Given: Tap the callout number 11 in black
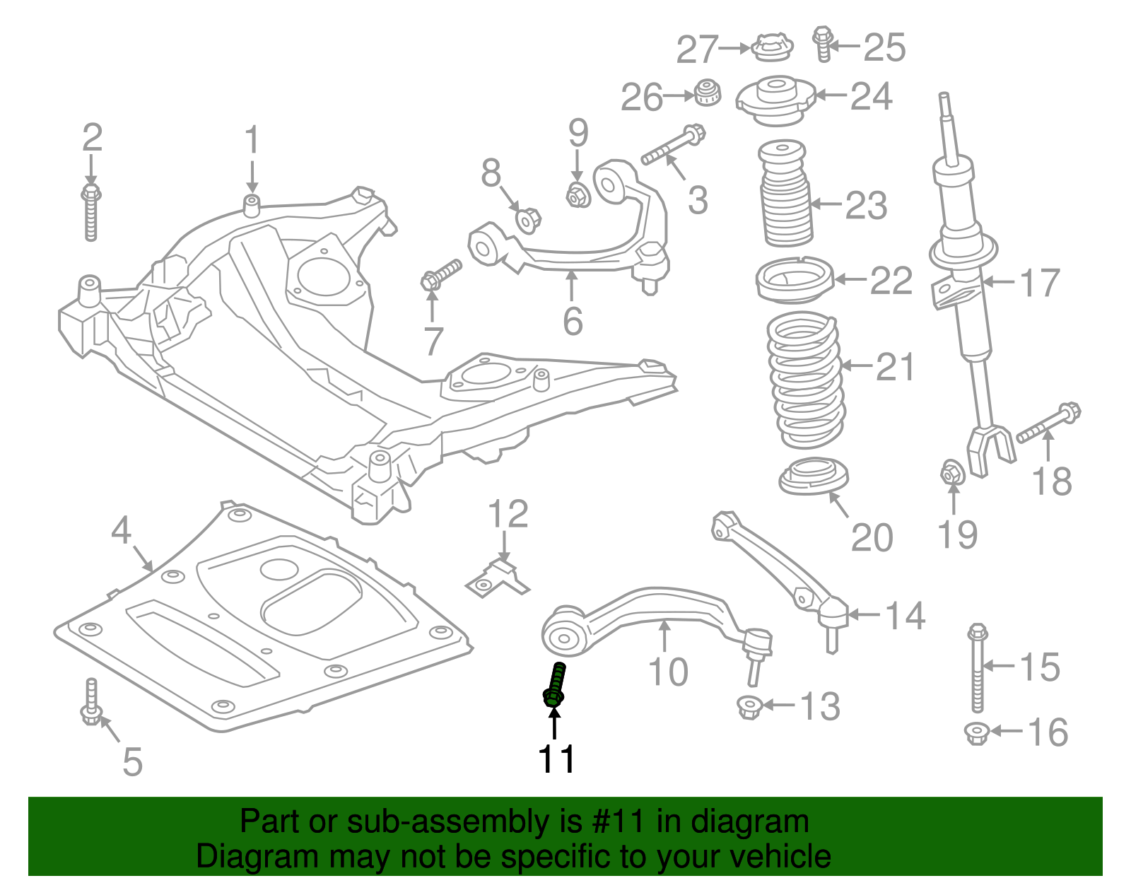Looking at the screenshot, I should coord(556,759).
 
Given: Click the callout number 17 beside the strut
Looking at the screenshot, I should coord(1039,283).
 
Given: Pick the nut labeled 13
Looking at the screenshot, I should coord(748,706).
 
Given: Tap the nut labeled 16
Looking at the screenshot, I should coord(975,732).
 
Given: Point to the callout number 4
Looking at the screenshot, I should coord(121,530).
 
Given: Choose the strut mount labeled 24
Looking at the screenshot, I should coord(775,100).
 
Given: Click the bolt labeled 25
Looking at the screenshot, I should coord(822,43).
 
